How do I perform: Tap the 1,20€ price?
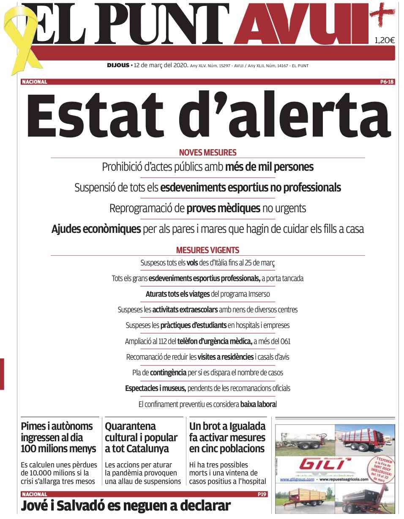(x=384, y=41)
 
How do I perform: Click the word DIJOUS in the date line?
(x=118, y=66)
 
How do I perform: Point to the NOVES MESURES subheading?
(x=207, y=153)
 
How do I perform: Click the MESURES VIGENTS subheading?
(x=207, y=250)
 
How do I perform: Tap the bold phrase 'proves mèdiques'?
(x=223, y=208)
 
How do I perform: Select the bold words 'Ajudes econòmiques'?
(x=96, y=229)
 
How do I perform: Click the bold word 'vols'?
(x=192, y=263)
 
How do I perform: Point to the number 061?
(x=285, y=341)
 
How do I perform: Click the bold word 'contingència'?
(x=168, y=373)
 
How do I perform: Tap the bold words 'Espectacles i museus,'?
(x=155, y=388)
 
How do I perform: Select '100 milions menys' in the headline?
(x=58, y=449)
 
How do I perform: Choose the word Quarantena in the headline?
(x=130, y=426)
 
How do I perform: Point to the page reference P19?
(x=262, y=494)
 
